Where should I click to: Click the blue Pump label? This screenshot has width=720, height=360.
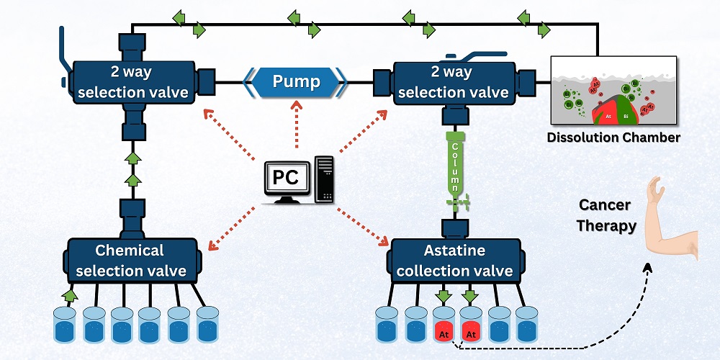(296, 81)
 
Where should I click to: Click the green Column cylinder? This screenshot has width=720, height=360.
(455, 163)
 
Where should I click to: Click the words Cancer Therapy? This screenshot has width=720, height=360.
(606, 215)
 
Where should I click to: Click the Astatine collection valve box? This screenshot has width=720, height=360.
(454, 261)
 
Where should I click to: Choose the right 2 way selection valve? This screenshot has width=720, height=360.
(454, 82)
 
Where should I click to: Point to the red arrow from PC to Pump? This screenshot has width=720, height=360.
(296, 127)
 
